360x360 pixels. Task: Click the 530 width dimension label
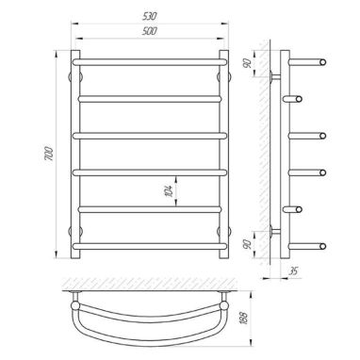tap(149, 17)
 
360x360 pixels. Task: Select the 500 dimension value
tap(150, 31)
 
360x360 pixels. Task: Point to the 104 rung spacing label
tap(169, 191)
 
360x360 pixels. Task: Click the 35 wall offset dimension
tap(293, 270)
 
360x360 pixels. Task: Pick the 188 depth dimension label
tap(246, 318)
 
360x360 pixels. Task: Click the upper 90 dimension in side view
tap(248, 64)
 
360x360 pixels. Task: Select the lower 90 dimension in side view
tap(248, 244)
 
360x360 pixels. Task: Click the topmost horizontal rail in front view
tap(150, 62)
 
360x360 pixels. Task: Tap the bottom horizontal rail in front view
tap(150, 246)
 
